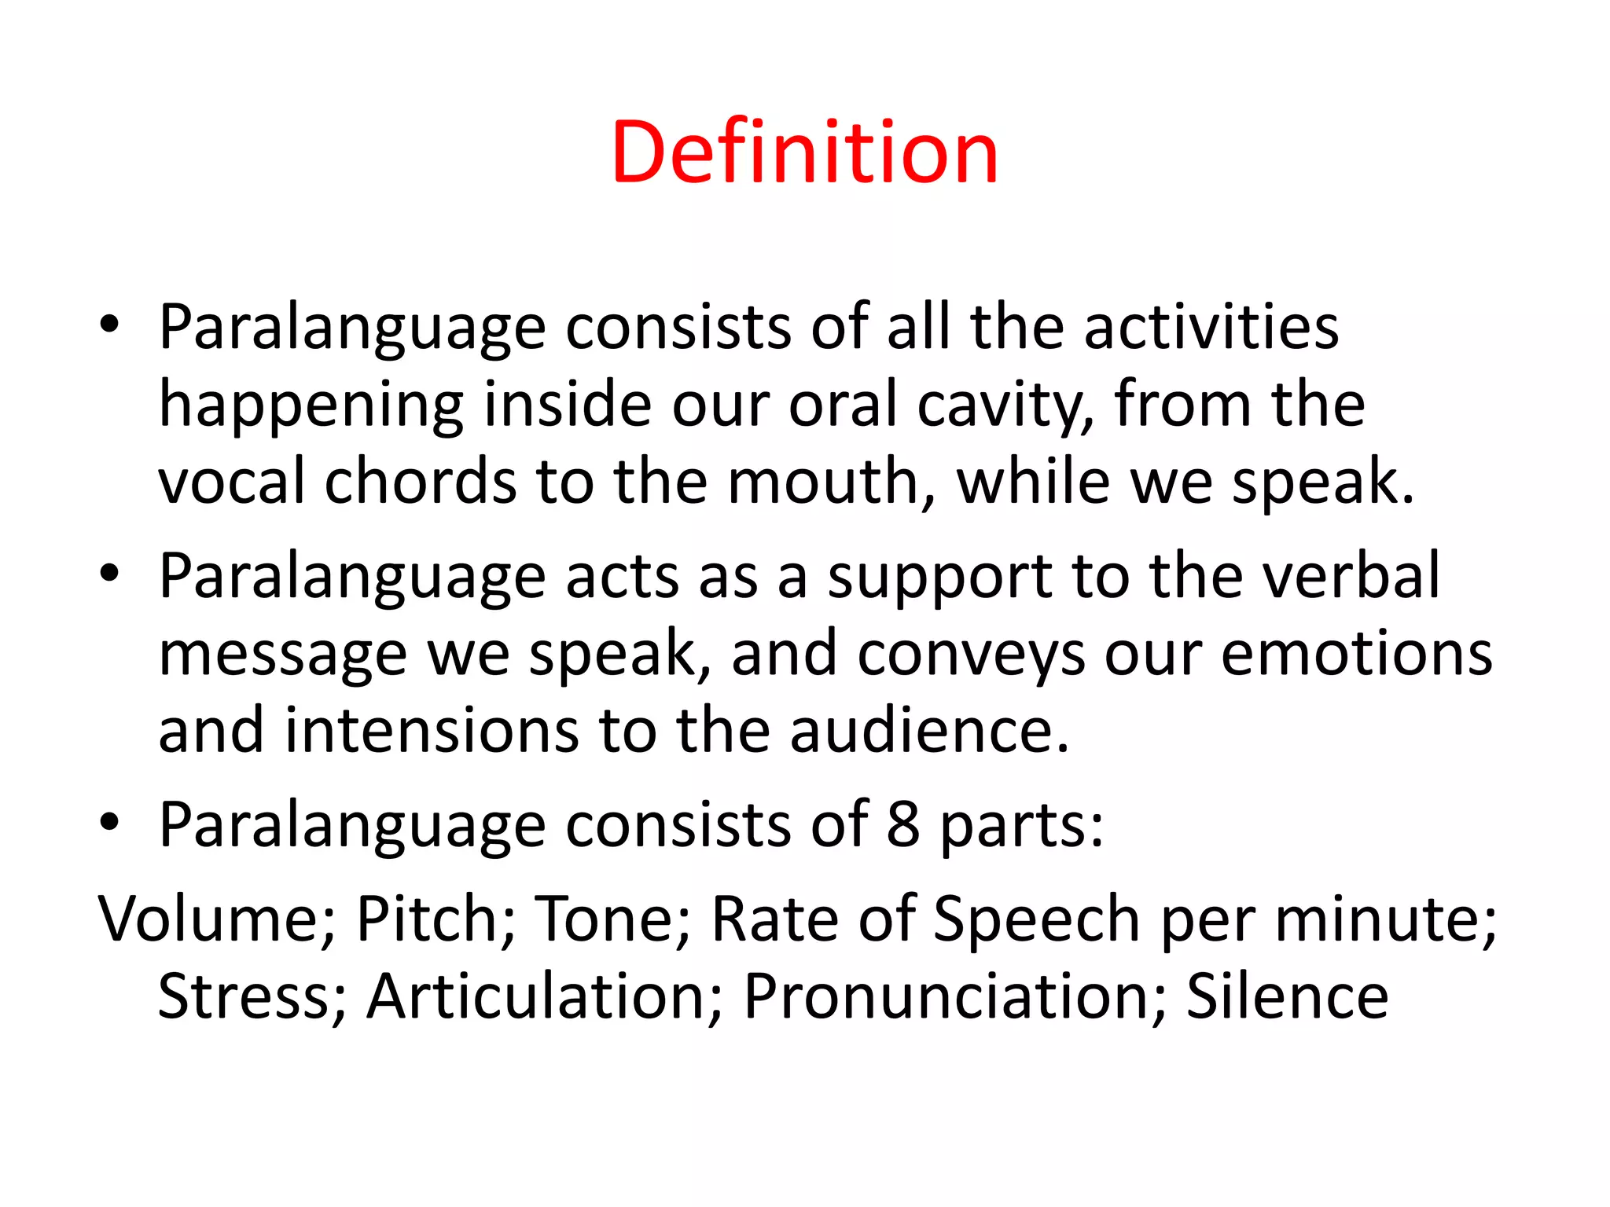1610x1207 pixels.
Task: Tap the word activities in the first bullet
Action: tap(1211, 327)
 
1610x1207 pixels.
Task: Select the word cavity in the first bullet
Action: tap(1005, 405)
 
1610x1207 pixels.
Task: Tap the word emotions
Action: tap(1356, 654)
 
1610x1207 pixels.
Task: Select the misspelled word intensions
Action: tap(431, 731)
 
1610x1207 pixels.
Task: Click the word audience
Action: tap(929, 731)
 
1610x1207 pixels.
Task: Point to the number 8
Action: tap(903, 825)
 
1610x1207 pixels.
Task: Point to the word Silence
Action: tap(1287, 996)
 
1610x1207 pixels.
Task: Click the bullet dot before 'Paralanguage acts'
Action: tap(109, 573)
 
